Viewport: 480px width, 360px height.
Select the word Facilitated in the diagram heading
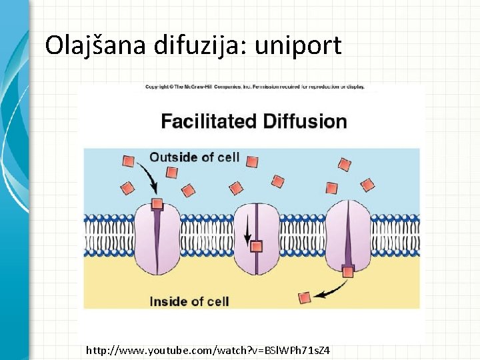(209, 121)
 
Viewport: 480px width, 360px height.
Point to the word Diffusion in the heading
(305, 121)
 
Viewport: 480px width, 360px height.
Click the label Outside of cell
(194, 158)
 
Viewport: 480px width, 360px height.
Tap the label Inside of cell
(189, 301)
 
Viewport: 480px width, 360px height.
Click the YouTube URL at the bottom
(208, 350)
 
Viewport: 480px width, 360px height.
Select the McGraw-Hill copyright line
(255, 87)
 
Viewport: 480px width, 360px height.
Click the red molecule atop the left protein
(157, 204)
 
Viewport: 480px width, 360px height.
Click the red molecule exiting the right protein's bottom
(347, 271)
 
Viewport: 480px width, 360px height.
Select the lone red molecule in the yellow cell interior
(305, 298)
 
